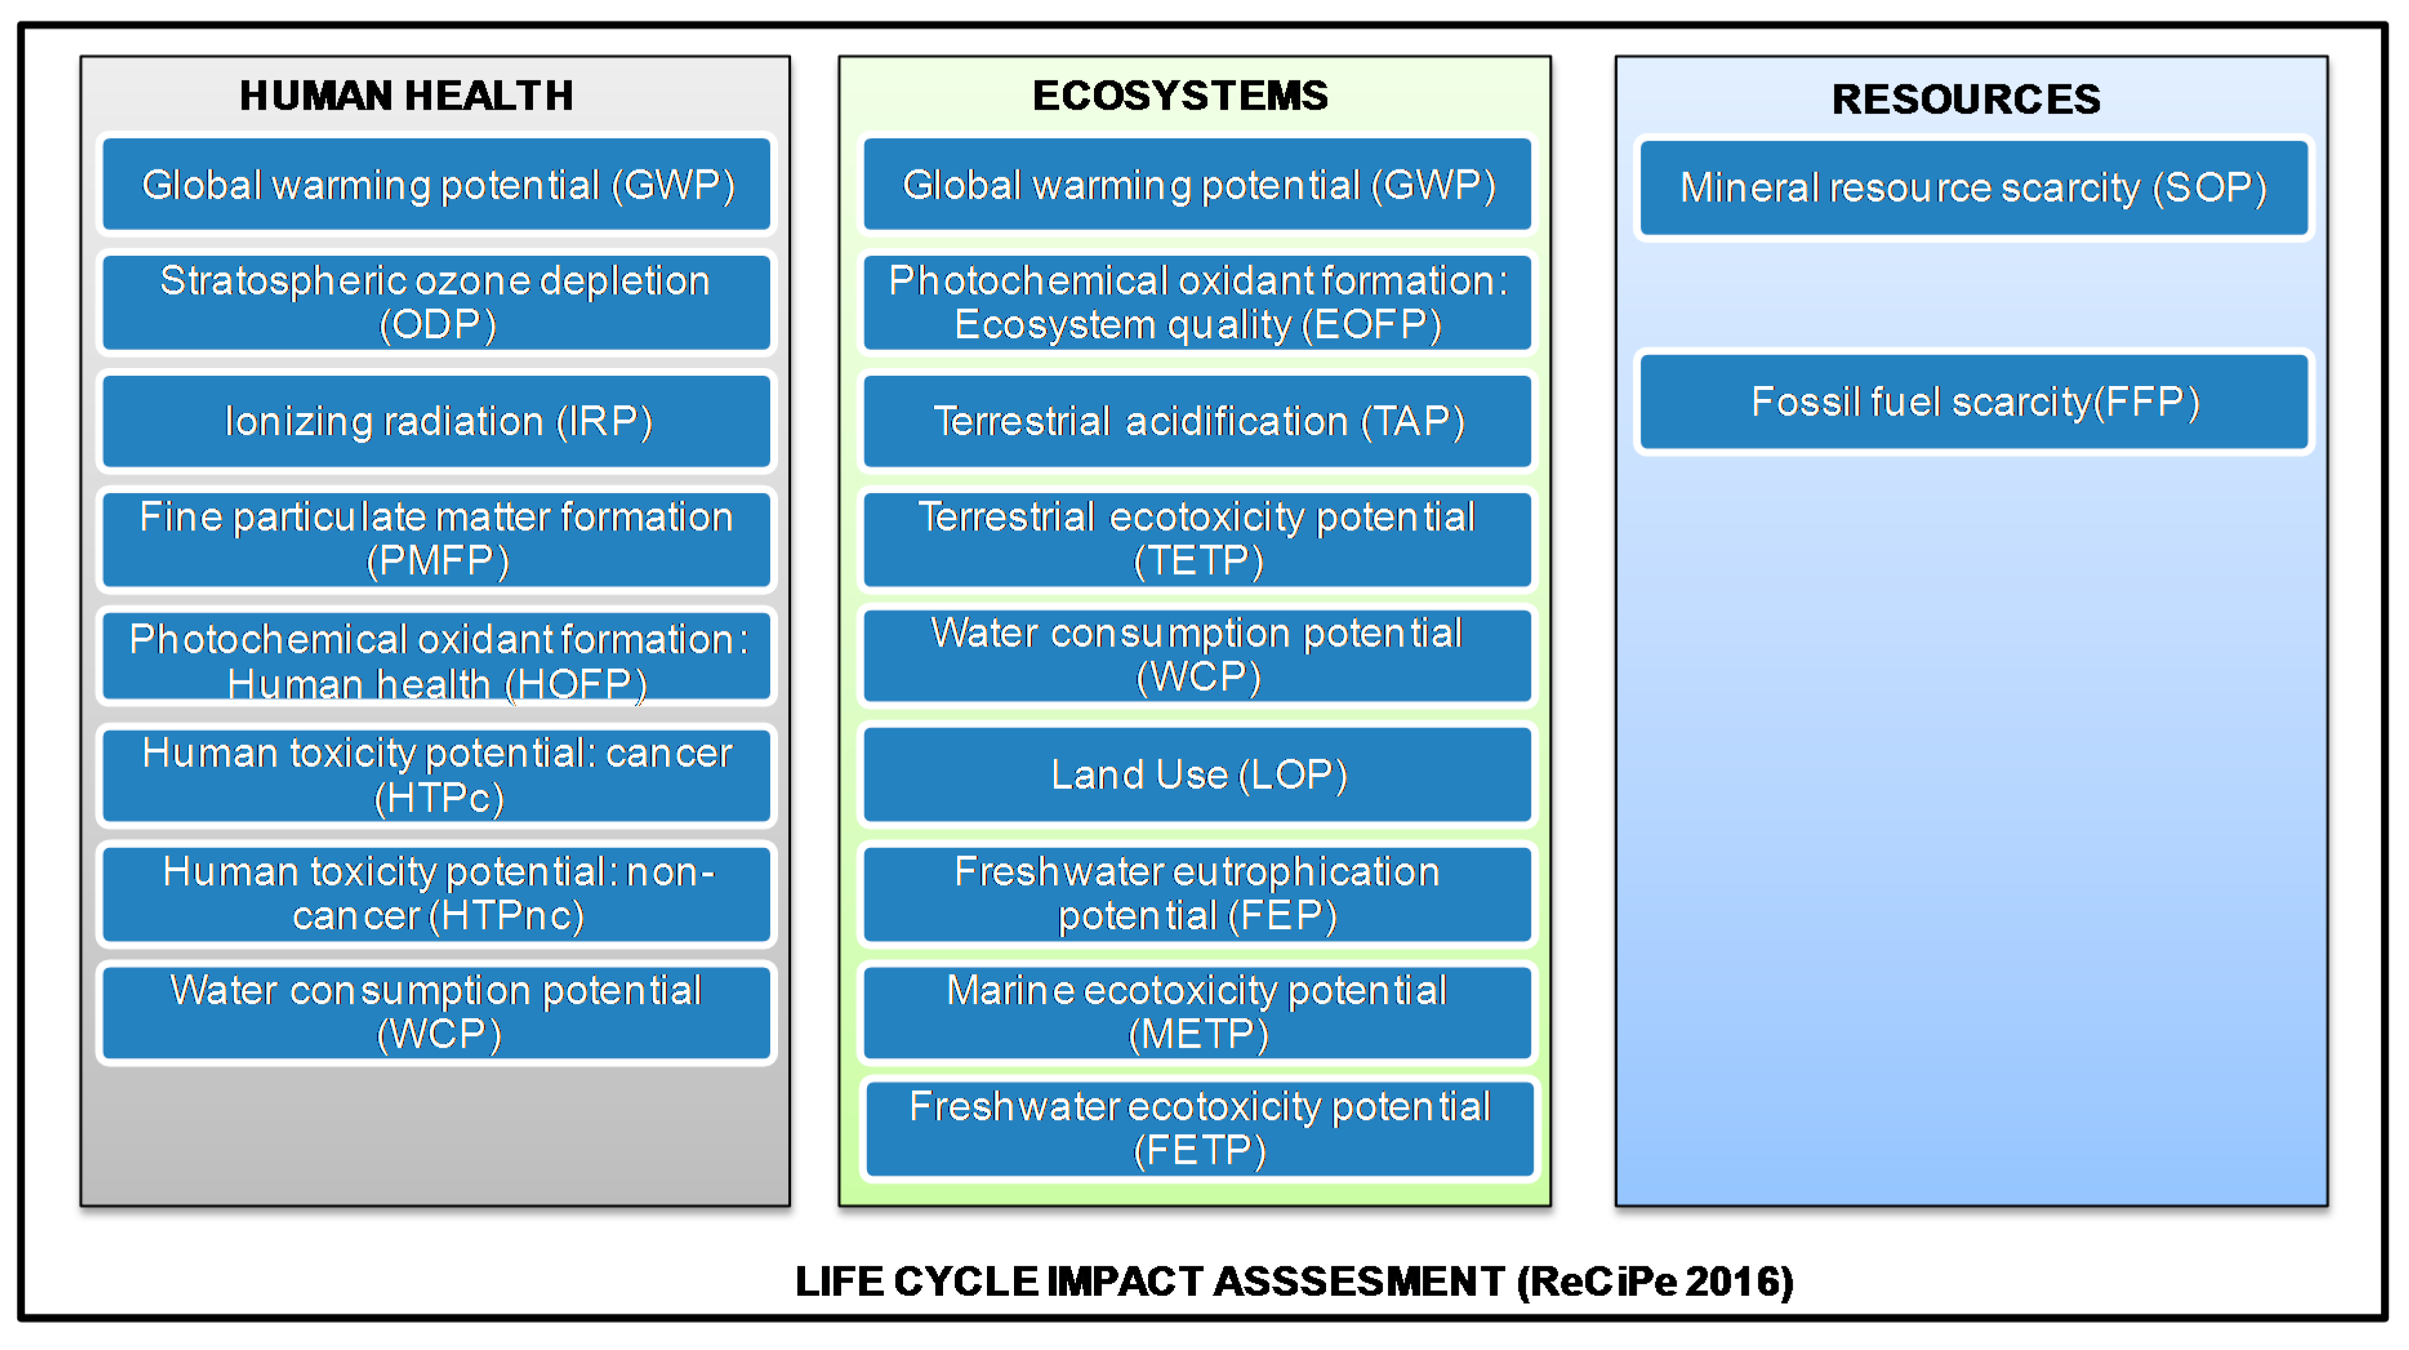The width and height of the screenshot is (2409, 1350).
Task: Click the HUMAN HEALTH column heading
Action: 406,95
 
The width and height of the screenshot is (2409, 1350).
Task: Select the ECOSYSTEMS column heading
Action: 1180,95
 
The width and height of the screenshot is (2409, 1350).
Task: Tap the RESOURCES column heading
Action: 1965,99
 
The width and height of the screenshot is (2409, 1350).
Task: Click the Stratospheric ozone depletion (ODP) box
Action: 436,303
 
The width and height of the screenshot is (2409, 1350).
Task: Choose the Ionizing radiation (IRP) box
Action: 436,421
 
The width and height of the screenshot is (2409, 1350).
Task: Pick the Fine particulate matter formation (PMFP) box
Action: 436,539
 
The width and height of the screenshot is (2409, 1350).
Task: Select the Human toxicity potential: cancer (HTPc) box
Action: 436,776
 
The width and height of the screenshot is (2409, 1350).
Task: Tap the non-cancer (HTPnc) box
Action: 436,894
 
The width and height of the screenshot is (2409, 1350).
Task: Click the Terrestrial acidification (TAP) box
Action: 1197,421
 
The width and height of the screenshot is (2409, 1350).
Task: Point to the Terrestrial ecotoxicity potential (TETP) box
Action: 1197,539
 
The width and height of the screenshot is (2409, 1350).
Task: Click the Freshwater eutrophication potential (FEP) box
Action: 1197,894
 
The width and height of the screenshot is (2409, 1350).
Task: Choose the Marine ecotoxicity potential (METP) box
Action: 1197,1012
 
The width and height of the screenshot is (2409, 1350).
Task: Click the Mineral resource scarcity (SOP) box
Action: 1974,188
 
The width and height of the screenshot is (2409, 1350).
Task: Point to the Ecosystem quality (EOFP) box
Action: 1197,303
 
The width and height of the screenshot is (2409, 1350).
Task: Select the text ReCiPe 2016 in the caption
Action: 1654,1282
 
